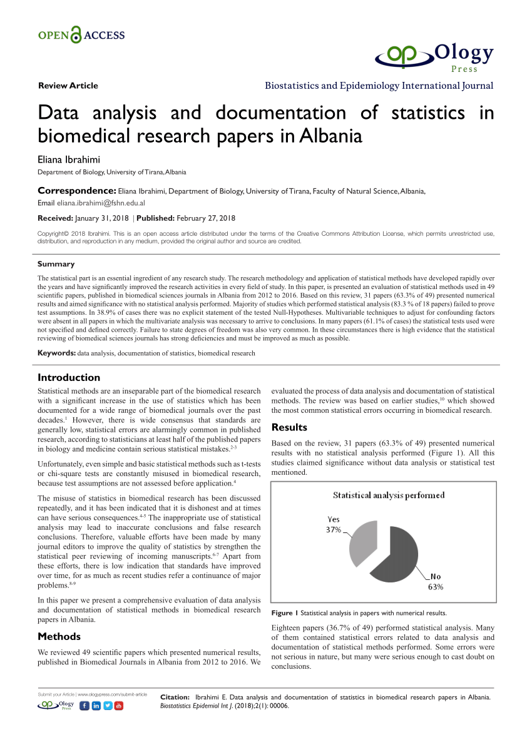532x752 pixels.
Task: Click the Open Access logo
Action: click(81, 35)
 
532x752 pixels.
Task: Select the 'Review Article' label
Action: click(68, 86)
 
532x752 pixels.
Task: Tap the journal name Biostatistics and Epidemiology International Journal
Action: click(379, 86)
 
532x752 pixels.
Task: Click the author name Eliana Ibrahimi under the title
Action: click(69, 159)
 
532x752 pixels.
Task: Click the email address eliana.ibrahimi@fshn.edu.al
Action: click(101, 203)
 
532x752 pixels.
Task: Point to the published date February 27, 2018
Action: click(206, 218)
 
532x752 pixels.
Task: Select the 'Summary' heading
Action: click(56, 264)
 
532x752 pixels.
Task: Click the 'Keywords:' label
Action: click(56, 353)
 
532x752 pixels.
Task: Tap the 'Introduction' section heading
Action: click(69, 377)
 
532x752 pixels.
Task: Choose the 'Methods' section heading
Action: click(59, 636)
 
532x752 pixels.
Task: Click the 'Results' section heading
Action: click(289, 427)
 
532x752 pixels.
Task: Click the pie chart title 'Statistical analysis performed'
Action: click(389, 495)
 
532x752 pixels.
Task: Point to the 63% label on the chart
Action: click(436, 587)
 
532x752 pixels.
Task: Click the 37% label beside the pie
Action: click(332, 530)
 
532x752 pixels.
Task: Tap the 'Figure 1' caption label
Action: click(285, 612)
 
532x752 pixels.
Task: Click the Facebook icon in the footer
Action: click(85, 706)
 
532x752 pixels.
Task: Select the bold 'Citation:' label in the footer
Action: click(175, 697)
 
